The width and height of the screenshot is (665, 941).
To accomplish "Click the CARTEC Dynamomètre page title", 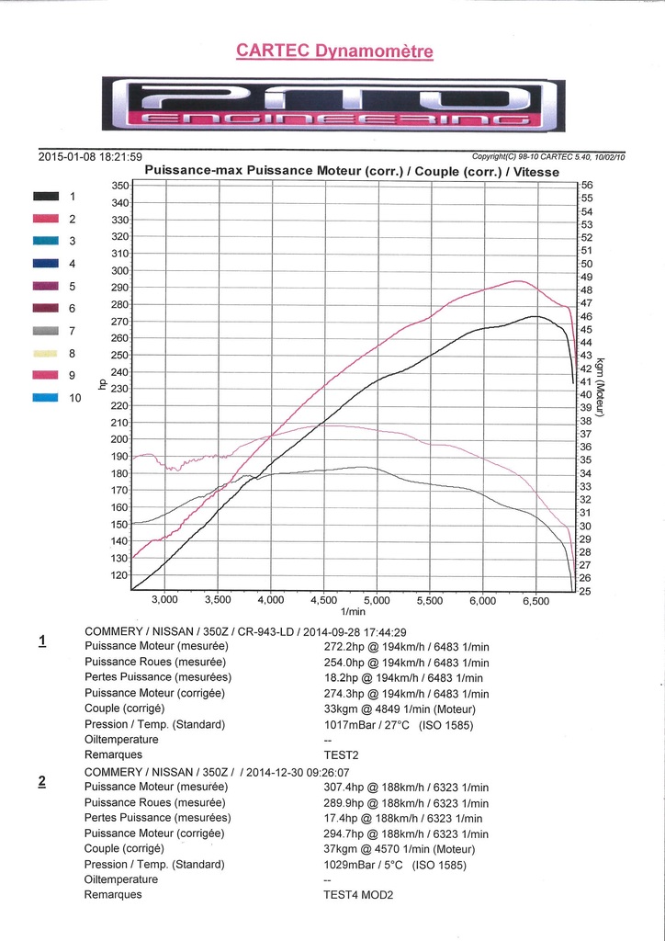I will click(334, 51).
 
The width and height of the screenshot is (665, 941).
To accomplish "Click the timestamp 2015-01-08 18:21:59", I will click(90, 156).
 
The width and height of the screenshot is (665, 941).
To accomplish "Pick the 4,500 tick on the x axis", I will click(324, 600).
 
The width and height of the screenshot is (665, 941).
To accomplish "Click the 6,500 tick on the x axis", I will click(535, 600).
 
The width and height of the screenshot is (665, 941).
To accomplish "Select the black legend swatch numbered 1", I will click(46, 196).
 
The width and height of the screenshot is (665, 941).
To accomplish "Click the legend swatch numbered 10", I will click(46, 398).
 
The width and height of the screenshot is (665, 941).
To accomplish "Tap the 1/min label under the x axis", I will click(353, 612).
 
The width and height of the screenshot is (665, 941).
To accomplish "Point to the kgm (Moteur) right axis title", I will click(600, 386).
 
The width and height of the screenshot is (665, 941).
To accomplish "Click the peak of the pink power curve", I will click(517, 281).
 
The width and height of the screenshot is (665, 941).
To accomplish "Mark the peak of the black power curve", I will click(534, 316).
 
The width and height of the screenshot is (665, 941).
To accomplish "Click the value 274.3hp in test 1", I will click(334, 694).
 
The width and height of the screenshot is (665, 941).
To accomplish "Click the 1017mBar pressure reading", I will click(344, 725).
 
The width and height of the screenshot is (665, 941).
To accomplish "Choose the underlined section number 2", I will click(42, 782).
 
